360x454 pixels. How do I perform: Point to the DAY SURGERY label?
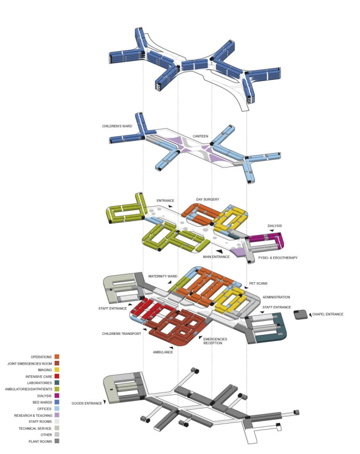[208, 199]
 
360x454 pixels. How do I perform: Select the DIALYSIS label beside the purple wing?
[275, 226]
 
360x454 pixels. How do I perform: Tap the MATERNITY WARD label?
[162, 276]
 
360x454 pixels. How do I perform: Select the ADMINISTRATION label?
[279, 297]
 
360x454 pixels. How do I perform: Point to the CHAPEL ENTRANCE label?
[330, 314]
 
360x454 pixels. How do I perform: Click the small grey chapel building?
[301, 315]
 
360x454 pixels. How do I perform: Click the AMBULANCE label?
[163, 352]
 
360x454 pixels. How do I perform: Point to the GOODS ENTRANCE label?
[86, 403]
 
